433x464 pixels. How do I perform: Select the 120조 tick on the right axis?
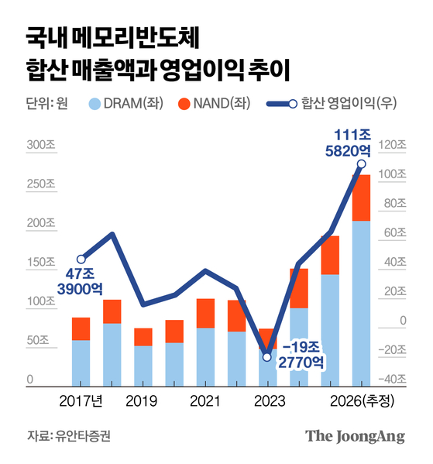(x=395, y=145)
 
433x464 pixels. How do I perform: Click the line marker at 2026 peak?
(x=361, y=164)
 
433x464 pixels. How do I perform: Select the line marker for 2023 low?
(x=267, y=357)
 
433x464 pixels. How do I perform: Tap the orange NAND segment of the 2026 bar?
(x=361, y=198)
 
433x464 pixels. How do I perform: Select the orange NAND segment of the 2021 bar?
(x=205, y=313)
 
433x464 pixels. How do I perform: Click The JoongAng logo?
(x=355, y=436)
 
